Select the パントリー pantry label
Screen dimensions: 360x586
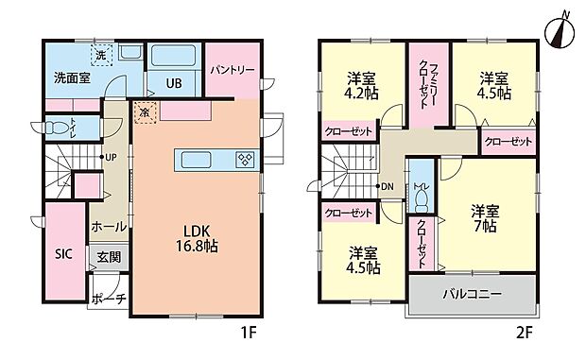(x=229, y=70)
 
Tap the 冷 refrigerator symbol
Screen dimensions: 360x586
(x=145, y=111)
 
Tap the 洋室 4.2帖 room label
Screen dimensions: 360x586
(x=363, y=85)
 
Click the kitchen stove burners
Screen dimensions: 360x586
(x=245, y=159)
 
